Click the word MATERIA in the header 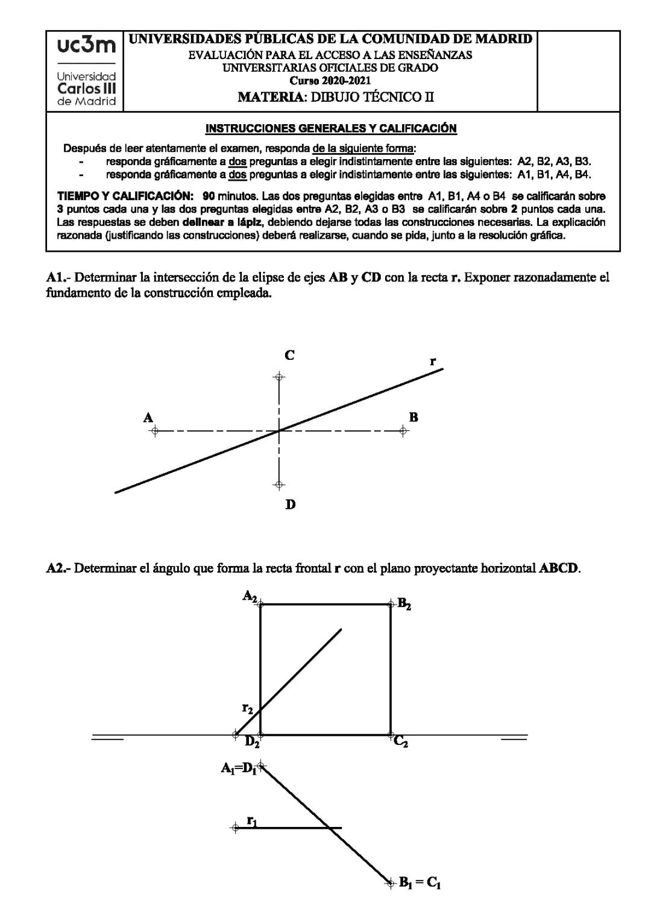pyautogui.click(x=271, y=96)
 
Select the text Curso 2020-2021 pyautogui.click(x=330, y=81)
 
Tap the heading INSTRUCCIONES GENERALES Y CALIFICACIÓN pyautogui.click(x=331, y=128)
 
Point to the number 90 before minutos pyautogui.click(x=209, y=196)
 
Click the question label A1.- pyautogui.click(x=58, y=278)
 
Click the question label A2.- pyautogui.click(x=58, y=568)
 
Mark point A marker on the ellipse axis pyautogui.click(x=154, y=431)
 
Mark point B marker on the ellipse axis pyautogui.click(x=404, y=431)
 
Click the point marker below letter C pyautogui.click(x=278, y=377)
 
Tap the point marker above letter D pyautogui.click(x=278, y=485)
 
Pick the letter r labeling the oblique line pyautogui.click(x=432, y=361)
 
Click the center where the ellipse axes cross pyautogui.click(x=278, y=431)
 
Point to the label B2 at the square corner pyautogui.click(x=404, y=604)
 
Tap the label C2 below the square pyautogui.click(x=401, y=742)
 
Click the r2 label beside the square pyautogui.click(x=247, y=708)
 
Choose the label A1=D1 pyautogui.click(x=239, y=769)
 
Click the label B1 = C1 pyautogui.click(x=420, y=884)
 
